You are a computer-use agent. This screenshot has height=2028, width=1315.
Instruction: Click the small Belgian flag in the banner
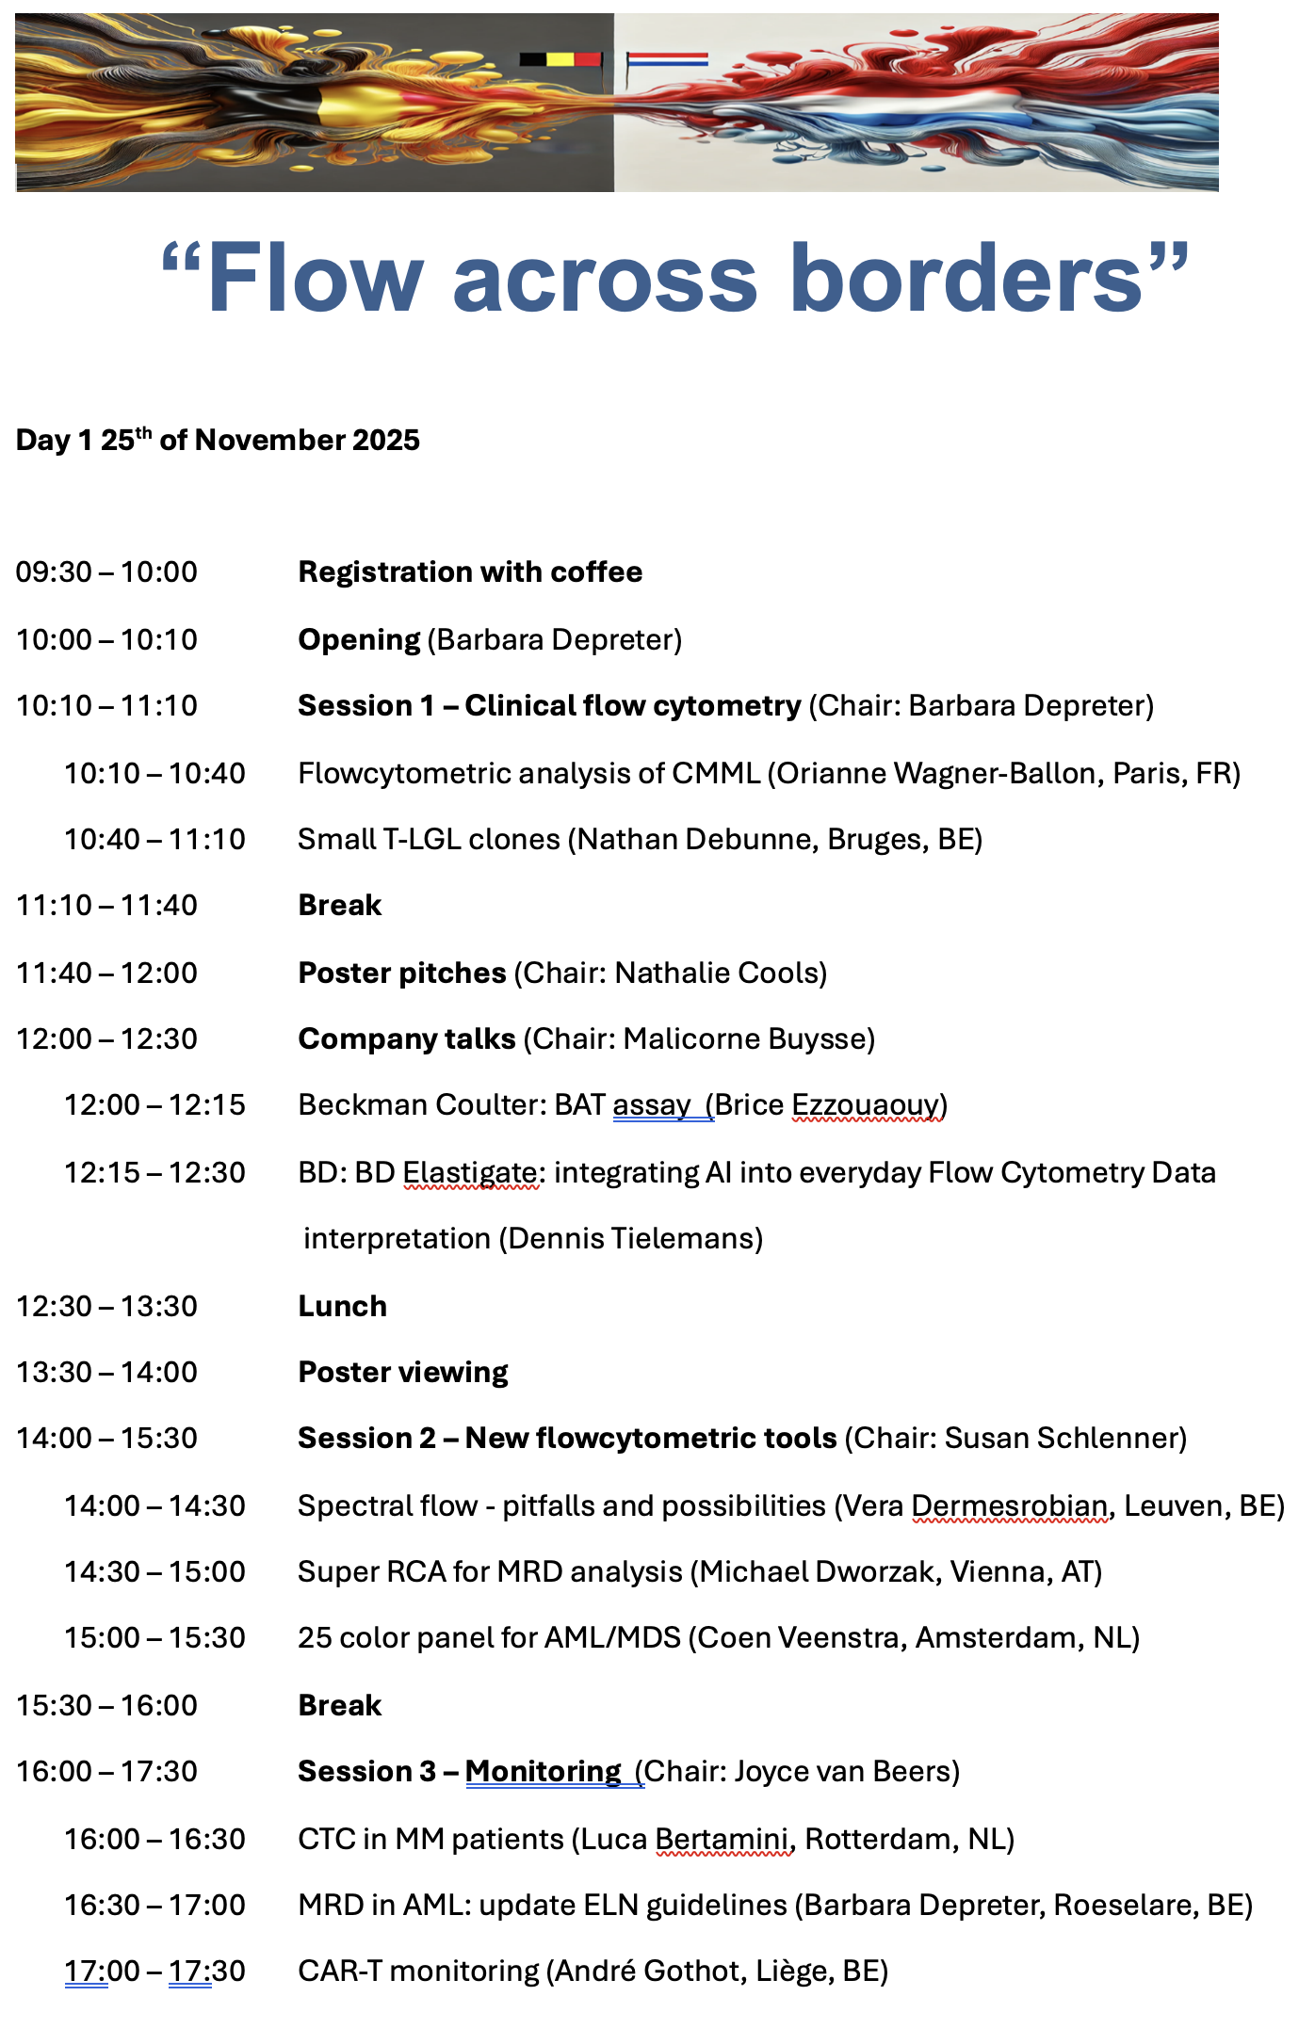click(x=560, y=59)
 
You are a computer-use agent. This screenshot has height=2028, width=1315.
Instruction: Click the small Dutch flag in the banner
click(x=668, y=59)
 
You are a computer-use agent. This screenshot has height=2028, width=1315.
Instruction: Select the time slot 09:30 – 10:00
click(x=106, y=572)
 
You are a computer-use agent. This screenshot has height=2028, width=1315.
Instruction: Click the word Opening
click(x=359, y=640)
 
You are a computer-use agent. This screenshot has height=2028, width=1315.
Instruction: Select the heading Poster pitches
click(x=402, y=974)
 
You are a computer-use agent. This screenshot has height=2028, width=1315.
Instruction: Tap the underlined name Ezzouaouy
click(x=866, y=1105)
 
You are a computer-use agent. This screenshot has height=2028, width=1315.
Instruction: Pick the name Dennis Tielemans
click(x=631, y=1239)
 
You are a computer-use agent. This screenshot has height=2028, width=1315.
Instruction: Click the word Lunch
click(x=342, y=1307)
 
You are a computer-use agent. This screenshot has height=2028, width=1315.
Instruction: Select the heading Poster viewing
click(x=403, y=1373)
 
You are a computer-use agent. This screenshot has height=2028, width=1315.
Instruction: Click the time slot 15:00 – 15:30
click(x=154, y=1638)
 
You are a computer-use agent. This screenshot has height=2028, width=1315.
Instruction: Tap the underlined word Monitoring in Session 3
click(x=543, y=1772)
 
